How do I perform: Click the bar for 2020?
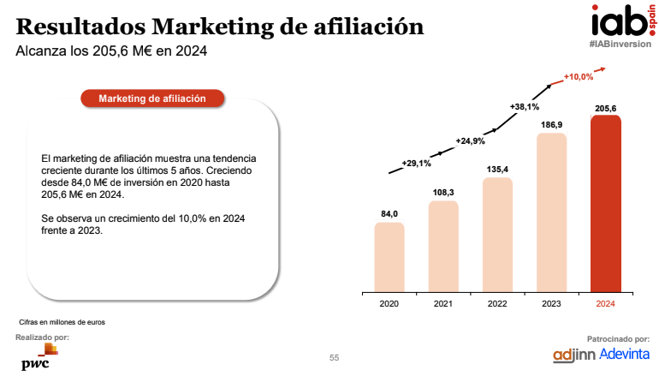tap(389, 256)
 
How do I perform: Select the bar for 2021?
tap(443, 246)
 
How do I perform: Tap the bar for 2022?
tap(497, 234)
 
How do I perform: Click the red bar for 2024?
tap(606, 204)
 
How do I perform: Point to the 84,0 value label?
tap(389, 213)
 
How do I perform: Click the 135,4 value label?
tap(497, 169)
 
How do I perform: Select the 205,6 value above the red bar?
tap(606, 107)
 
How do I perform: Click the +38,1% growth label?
tap(524, 106)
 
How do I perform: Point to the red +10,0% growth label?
tap(579, 77)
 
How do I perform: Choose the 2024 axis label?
tap(606, 303)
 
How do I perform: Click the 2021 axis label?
tap(443, 303)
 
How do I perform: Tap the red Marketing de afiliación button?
tap(152, 98)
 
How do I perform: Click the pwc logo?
tap(35, 359)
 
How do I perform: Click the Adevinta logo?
tap(625, 354)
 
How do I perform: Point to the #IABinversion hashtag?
tap(618, 43)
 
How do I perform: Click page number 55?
tap(335, 357)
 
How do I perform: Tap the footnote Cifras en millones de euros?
tap(62, 322)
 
